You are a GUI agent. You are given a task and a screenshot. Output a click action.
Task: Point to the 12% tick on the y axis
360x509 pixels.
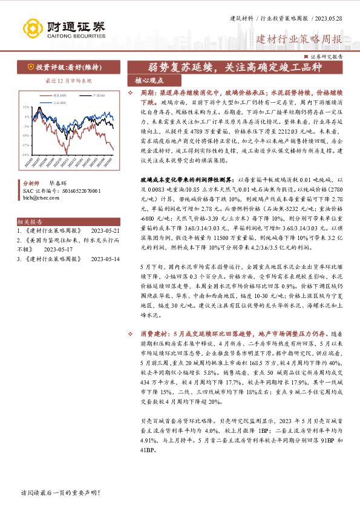(27, 108)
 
